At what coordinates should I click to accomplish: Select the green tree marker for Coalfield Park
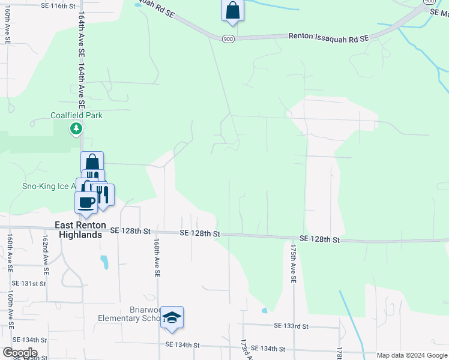pyautogui.click(x=76, y=128)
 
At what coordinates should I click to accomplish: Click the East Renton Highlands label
pyautogui.click(x=78, y=230)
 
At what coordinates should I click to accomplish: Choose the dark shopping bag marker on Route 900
pyautogui.click(x=232, y=11)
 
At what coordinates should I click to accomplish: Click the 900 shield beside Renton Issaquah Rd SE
pyautogui.click(x=228, y=39)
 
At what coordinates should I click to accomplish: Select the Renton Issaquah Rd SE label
pyautogui.click(x=328, y=37)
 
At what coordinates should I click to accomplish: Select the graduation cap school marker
pyautogui.click(x=172, y=318)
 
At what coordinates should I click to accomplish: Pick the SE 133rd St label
pyautogui.click(x=291, y=326)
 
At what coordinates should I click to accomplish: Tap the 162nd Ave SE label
pyautogui.click(x=45, y=250)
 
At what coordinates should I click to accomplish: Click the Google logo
pyautogui.click(x=19, y=353)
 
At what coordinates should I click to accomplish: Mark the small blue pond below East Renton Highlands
pyautogui.click(x=105, y=262)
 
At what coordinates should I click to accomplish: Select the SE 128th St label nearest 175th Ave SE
pyautogui.click(x=319, y=239)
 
